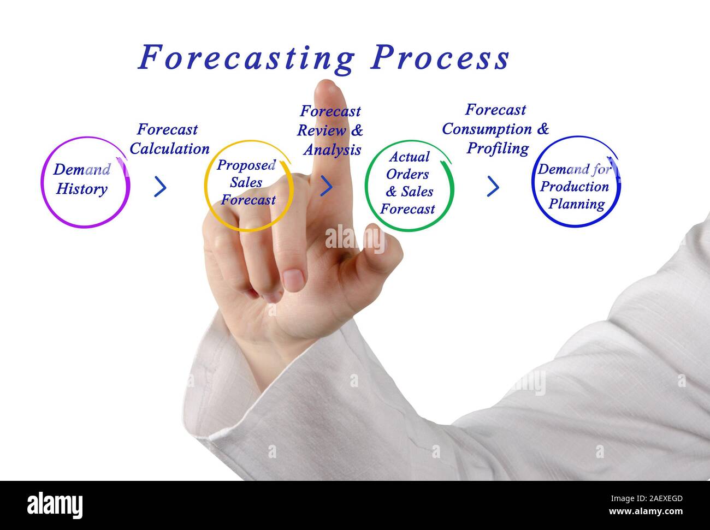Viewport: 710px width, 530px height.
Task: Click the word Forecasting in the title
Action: click(246, 58)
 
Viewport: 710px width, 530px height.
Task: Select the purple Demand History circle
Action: click(85, 182)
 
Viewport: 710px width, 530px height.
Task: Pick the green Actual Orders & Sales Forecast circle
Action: click(409, 186)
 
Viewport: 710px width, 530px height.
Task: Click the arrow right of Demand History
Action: click(160, 187)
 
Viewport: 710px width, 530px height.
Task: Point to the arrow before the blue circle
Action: click(493, 187)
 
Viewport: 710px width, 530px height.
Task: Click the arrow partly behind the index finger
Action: click(327, 186)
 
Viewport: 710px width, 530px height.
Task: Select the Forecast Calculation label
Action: click(169, 139)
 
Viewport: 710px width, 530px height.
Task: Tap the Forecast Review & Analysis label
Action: click(330, 130)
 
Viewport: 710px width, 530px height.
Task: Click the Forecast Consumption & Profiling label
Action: click(496, 129)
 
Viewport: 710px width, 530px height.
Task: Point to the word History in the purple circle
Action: click(82, 190)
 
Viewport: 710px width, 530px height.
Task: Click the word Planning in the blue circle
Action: click(577, 204)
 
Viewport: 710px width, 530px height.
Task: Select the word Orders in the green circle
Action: click(407, 174)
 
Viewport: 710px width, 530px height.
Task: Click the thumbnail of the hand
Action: click(293, 279)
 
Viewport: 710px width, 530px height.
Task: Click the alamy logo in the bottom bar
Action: click(55, 505)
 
